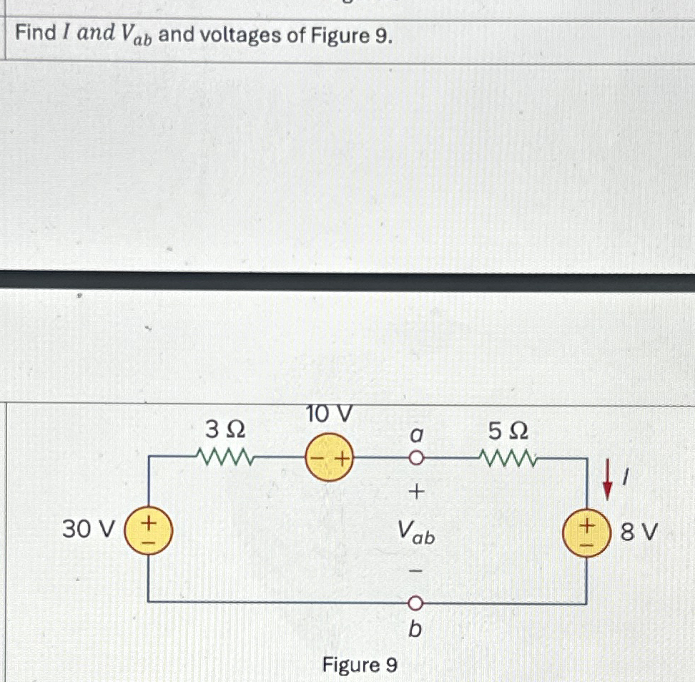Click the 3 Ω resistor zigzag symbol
point(223,456)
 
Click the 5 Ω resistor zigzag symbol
point(508,457)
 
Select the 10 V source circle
point(330,457)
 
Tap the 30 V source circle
point(148,530)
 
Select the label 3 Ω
point(225,429)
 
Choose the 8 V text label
point(639,532)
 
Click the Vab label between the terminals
point(417,532)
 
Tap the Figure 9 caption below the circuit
point(360,666)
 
